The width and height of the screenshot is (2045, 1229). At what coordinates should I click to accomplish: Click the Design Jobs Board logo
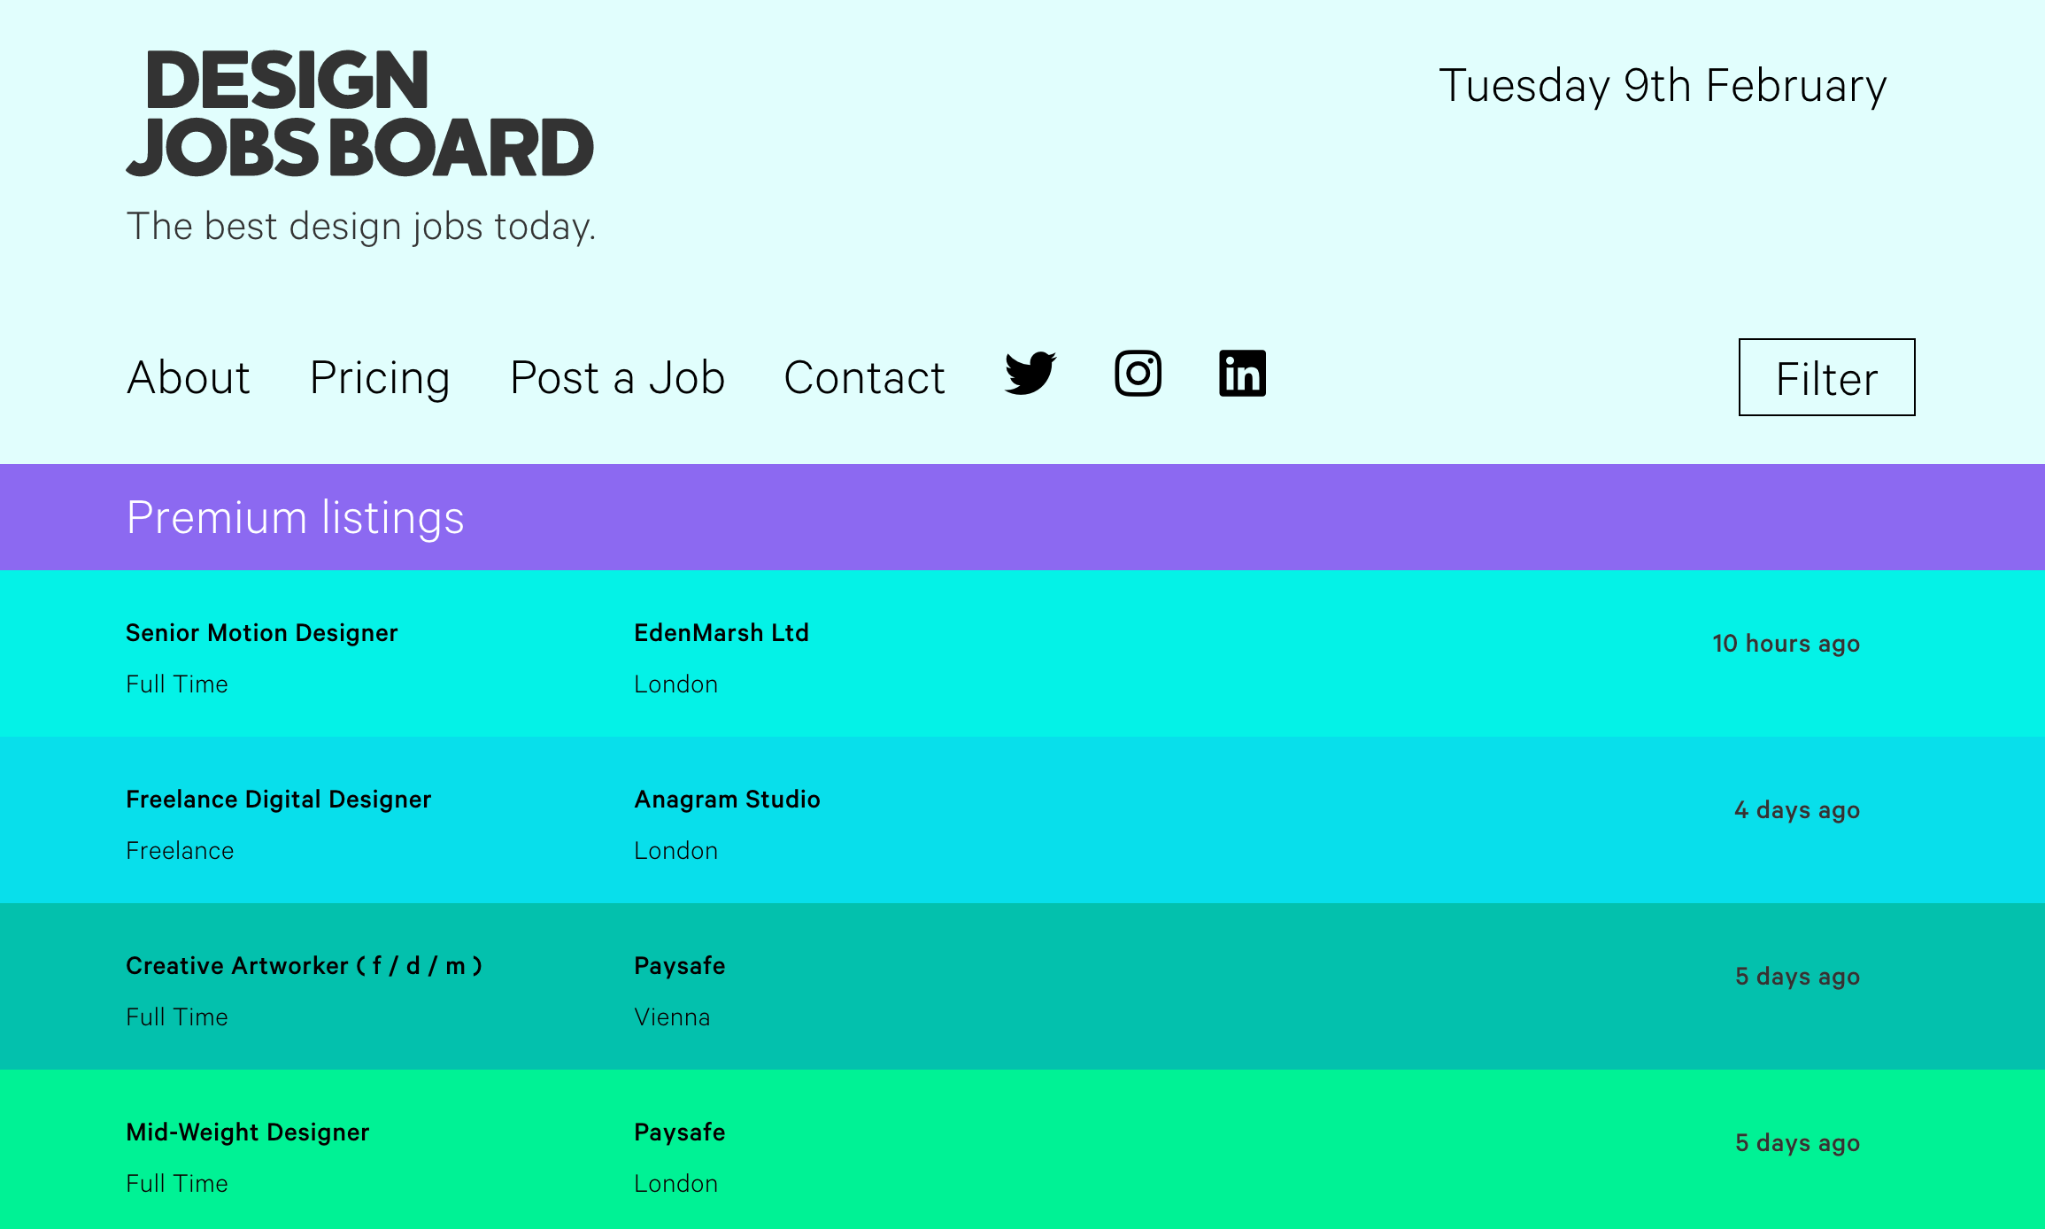click(x=360, y=113)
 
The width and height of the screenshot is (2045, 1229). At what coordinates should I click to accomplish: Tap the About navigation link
click(x=189, y=378)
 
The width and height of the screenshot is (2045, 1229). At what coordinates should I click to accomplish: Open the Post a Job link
click(x=618, y=378)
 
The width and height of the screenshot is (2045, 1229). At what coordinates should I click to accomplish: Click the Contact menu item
click(x=864, y=378)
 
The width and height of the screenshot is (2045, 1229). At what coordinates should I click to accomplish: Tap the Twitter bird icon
click(x=1030, y=373)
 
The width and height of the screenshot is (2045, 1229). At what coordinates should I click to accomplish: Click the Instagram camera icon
click(x=1138, y=373)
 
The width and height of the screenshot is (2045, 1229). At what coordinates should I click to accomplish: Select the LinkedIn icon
click(x=1242, y=373)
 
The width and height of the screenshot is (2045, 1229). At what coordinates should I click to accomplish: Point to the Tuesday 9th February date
click(x=1663, y=87)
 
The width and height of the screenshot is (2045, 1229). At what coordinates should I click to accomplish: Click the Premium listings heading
click(x=295, y=518)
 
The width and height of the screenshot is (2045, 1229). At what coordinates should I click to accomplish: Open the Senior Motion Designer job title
click(x=262, y=633)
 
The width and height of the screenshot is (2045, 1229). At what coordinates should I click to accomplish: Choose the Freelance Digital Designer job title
click(x=279, y=800)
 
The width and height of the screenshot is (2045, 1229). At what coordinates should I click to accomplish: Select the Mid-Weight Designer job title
click(x=248, y=1132)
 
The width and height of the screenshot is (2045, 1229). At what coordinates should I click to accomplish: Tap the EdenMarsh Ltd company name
click(x=722, y=633)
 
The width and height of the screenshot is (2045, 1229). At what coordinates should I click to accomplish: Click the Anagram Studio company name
click(x=728, y=800)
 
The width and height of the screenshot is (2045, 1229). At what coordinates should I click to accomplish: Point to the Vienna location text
click(x=672, y=1017)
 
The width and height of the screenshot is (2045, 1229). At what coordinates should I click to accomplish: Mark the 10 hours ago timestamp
click(x=1786, y=644)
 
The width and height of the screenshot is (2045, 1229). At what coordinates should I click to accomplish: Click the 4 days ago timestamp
click(x=1797, y=810)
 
